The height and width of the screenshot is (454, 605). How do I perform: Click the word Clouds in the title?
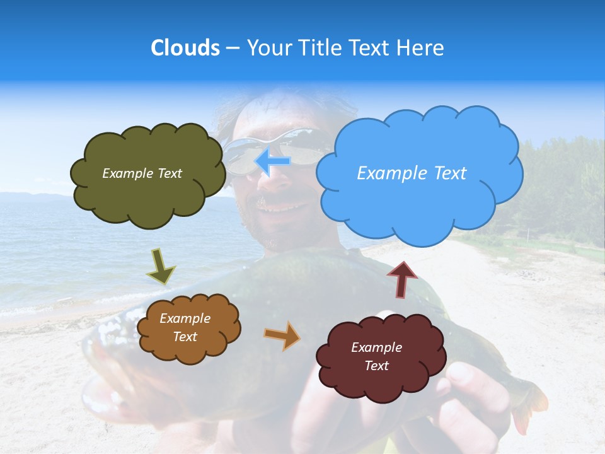click(185, 48)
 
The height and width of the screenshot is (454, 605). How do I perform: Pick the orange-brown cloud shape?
click(188, 350)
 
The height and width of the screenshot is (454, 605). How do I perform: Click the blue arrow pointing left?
click(273, 161)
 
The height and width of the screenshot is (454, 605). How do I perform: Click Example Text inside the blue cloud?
click(412, 173)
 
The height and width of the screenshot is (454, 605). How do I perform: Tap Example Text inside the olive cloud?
click(142, 173)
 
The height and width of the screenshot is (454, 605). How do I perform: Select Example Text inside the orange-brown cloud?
click(185, 327)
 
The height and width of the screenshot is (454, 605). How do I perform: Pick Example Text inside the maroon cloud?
click(376, 356)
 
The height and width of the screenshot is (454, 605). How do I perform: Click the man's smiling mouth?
click(278, 207)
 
